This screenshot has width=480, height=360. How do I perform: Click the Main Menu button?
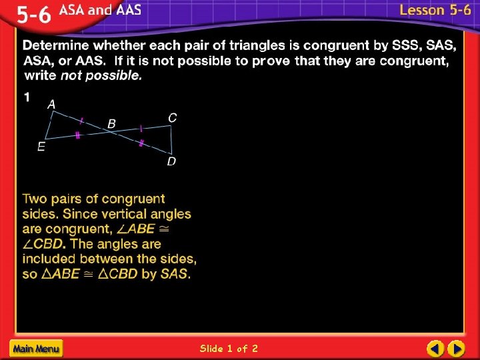35,348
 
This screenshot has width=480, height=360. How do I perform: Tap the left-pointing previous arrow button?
435,348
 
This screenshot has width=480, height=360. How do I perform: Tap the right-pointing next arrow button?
456,348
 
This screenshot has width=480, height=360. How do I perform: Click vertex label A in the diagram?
51,104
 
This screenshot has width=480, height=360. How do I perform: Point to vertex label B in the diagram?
111,123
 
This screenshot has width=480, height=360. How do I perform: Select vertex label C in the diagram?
172,117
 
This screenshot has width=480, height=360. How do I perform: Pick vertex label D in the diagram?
171,162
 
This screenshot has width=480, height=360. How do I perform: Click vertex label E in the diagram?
41,147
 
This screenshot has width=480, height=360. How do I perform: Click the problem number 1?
27,97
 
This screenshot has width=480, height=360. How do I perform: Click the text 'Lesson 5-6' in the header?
435,11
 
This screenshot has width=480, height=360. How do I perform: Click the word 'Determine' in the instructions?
56,46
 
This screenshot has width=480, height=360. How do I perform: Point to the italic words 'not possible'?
101,75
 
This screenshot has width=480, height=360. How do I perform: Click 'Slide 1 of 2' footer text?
229,348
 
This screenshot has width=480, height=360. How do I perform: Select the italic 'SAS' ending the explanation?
176,274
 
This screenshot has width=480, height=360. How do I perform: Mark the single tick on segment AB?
81,121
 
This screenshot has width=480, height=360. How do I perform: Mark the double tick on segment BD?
141,143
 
